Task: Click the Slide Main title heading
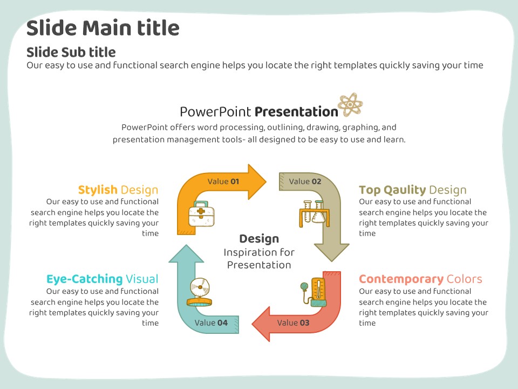click(x=103, y=28)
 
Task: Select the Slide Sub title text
click(x=71, y=52)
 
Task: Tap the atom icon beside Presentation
click(x=350, y=104)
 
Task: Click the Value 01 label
click(x=223, y=182)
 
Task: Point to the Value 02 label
click(x=305, y=182)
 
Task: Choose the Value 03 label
click(x=293, y=323)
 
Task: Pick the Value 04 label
click(x=211, y=323)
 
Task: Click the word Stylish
click(x=98, y=190)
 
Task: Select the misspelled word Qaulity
click(x=405, y=190)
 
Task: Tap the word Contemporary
click(x=401, y=279)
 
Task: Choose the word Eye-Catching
click(x=84, y=279)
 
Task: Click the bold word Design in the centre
click(x=259, y=239)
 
